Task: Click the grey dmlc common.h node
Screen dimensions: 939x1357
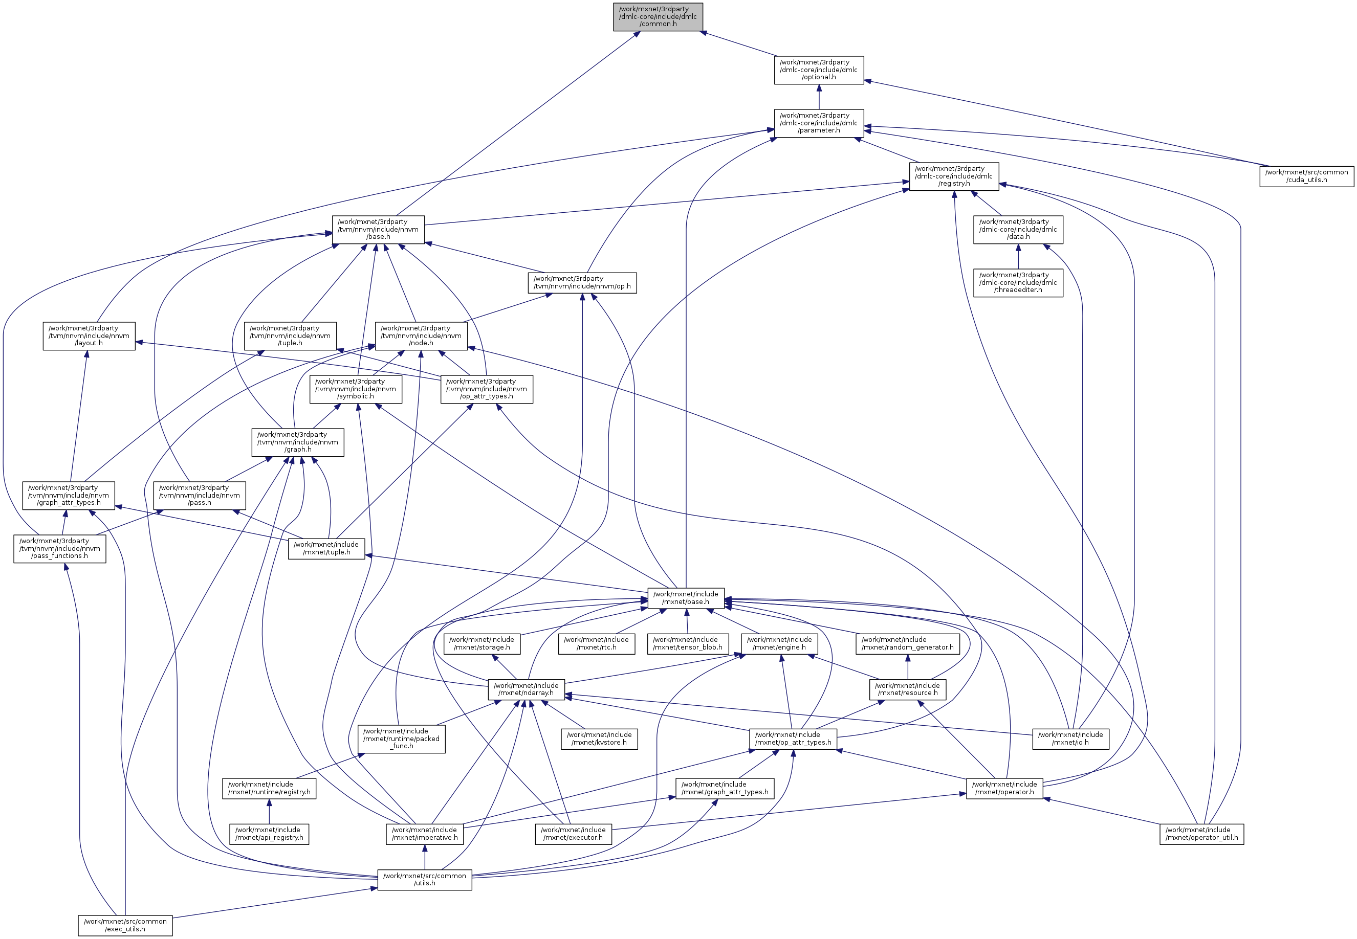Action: pos(658,16)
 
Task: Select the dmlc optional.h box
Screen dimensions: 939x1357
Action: pos(819,70)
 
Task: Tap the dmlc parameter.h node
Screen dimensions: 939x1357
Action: pos(819,123)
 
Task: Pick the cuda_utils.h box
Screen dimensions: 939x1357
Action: pos(1306,176)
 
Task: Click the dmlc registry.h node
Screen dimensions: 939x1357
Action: pos(954,176)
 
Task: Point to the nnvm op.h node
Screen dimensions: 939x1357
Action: pos(581,282)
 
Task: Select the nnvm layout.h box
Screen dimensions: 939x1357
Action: pos(89,336)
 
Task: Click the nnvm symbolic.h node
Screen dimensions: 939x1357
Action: pos(356,389)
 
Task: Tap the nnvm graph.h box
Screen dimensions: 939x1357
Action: pos(298,442)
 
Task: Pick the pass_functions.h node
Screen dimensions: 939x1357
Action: pos(60,548)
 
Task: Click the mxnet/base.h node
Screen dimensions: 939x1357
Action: pos(686,598)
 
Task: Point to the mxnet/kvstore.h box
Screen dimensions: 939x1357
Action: pos(599,739)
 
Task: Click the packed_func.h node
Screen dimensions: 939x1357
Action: pos(401,739)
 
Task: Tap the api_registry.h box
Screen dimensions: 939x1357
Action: pos(269,834)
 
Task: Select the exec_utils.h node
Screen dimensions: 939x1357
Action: pos(125,925)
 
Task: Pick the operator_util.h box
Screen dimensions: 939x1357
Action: pos(1201,834)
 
